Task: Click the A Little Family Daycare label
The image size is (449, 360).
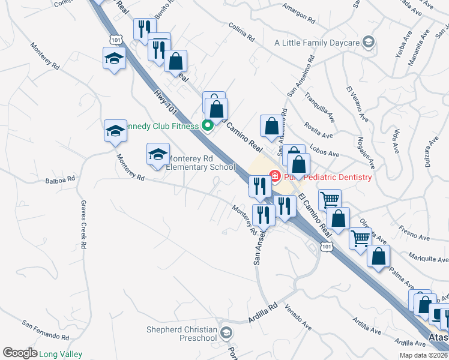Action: [x=316, y=43]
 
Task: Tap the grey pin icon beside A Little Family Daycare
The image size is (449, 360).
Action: [x=368, y=42]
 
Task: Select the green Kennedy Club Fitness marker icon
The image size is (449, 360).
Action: [x=208, y=126]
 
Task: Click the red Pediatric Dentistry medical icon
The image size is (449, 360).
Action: [x=276, y=176]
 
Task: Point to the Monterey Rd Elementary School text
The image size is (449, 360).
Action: [x=200, y=163]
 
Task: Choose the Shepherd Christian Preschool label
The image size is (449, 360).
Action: [x=182, y=334]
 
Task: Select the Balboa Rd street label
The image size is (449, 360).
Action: [x=61, y=179]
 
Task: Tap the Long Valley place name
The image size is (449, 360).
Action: [x=61, y=354]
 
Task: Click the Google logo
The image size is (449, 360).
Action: [x=19, y=353]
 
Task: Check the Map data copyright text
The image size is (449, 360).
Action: [x=424, y=355]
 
